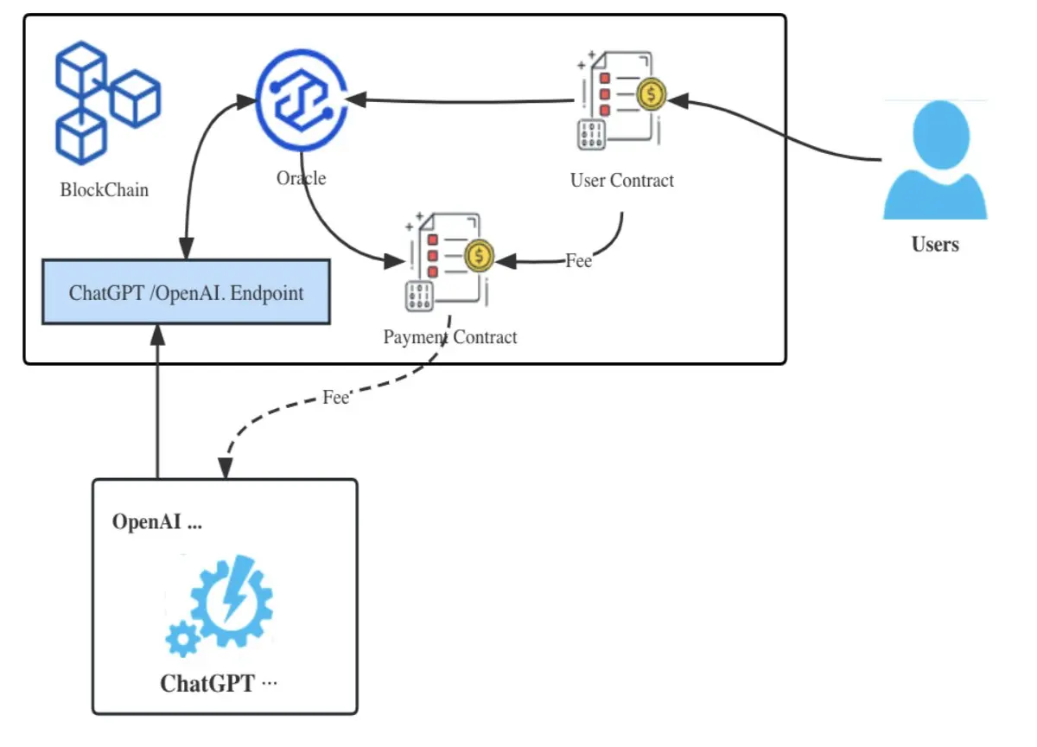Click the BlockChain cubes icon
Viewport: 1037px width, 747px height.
click(108, 103)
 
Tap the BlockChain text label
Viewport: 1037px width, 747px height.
click(105, 190)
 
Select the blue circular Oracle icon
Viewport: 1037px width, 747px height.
click(302, 100)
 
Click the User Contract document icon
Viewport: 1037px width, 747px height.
click(621, 100)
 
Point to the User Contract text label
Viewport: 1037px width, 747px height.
click(621, 180)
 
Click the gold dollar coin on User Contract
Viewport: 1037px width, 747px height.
click(652, 94)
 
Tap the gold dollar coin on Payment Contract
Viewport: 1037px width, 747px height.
click(479, 256)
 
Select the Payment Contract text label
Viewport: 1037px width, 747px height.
click(450, 337)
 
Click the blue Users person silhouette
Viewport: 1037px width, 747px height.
click(936, 159)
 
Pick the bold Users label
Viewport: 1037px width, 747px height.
click(935, 245)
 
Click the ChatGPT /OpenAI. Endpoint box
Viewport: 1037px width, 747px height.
click(186, 292)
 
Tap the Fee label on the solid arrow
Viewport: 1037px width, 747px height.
click(579, 261)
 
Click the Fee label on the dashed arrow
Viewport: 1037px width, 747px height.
click(335, 398)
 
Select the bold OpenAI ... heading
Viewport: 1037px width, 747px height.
click(157, 522)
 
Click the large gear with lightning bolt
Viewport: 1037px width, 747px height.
click(232, 600)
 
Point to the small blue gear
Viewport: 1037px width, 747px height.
click(183, 639)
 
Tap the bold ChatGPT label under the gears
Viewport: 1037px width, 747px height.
click(207, 684)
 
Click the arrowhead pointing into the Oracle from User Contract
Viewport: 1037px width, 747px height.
click(355, 99)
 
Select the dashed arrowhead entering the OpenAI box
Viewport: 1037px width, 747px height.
click(226, 469)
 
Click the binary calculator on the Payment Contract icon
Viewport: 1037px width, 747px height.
click(419, 296)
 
